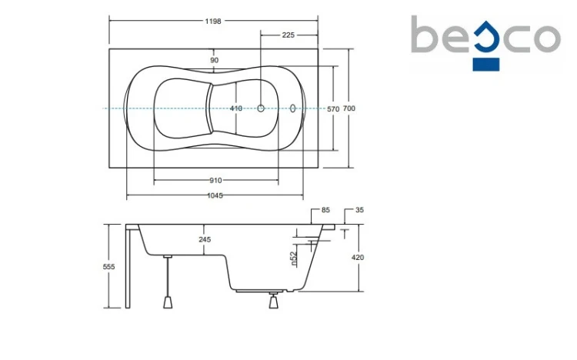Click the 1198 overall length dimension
(213, 21)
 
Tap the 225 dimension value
(288, 35)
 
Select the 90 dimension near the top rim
(215, 60)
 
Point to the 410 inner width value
(236, 108)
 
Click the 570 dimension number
(333, 109)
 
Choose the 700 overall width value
(349, 108)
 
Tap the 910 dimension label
(215, 180)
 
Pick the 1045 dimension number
(215, 195)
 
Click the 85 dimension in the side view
(325, 210)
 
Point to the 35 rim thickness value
(359, 210)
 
